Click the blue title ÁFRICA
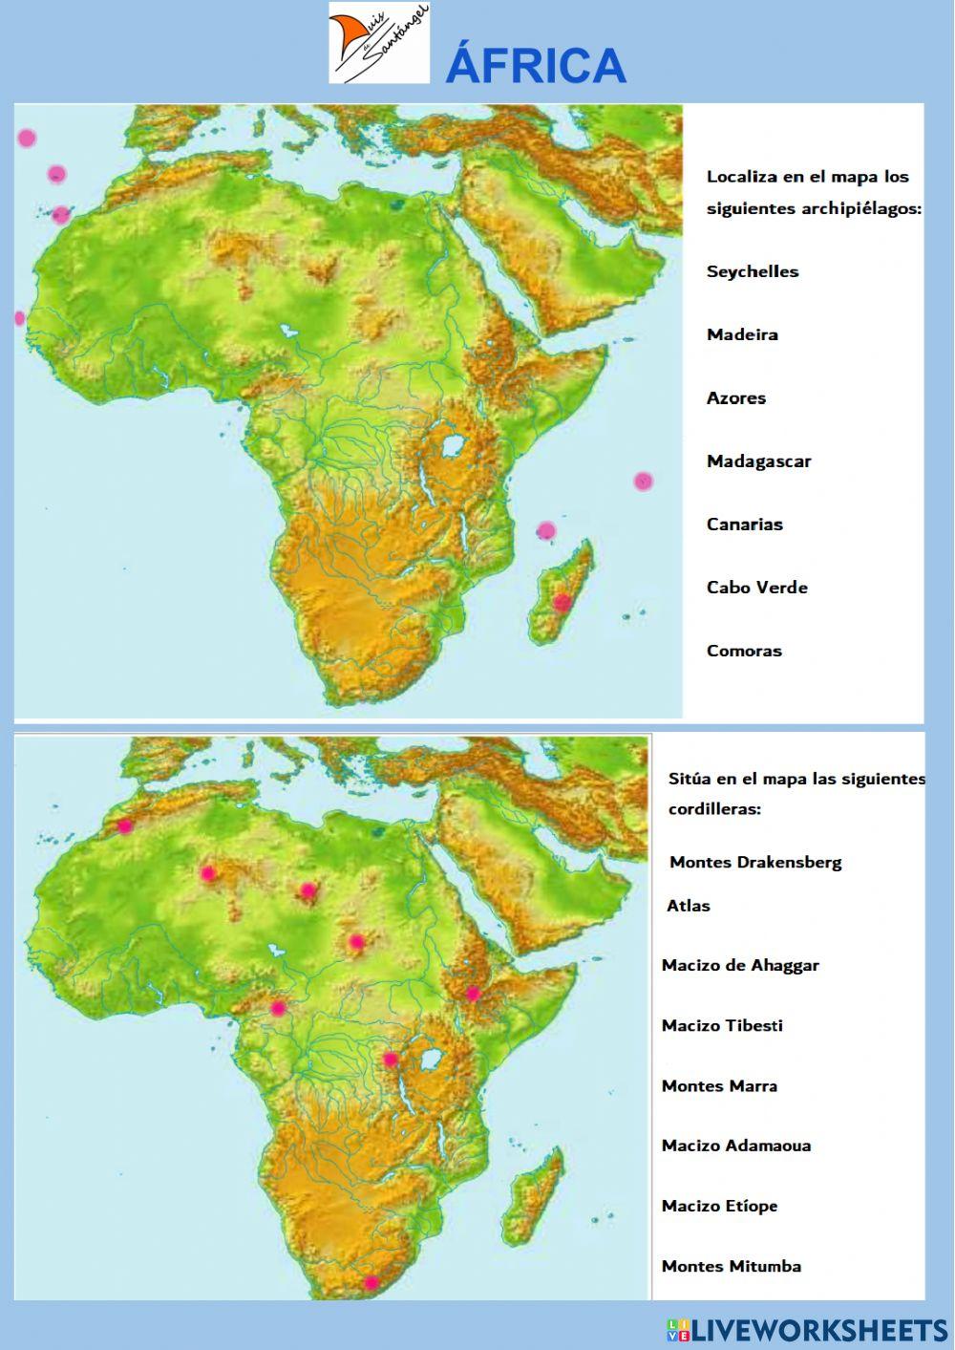click(x=536, y=66)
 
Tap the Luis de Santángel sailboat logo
click(x=379, y=43)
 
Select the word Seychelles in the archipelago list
click(x=753, y=271)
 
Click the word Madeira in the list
click(x=742, y=334)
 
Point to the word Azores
click(x=736, y=397)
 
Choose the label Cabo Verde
click(x=757, y=588)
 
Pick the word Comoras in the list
click(x=744, y=651)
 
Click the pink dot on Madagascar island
click(x=562, y=602)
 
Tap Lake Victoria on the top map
click(x=456, y=446)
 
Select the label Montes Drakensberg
click(x=755, y=862)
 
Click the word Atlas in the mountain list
click(x=689, y=906)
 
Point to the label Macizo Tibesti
click(x=722, y=1025)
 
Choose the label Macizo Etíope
click(x=719, y=1206)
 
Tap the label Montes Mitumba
click(x=732, y=1266)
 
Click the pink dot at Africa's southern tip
click(x=371, y=1282)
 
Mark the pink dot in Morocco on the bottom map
click(x=124, y=826)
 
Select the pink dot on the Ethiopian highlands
click(x=473, y=994)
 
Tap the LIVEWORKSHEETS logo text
click(x=817, y=1330)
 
